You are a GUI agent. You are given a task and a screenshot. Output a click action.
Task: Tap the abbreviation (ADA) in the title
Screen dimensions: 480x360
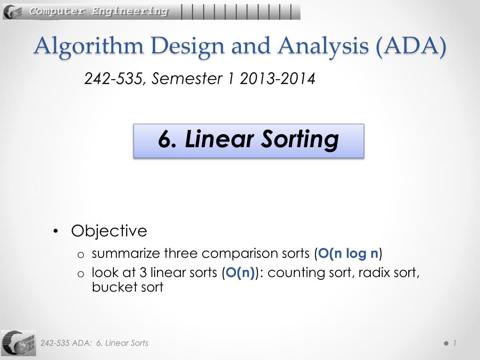(411, 46)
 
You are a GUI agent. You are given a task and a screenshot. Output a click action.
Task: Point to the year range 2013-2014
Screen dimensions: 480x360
(277, 79)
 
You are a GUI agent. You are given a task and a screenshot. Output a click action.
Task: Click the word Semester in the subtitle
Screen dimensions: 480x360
(187, 78)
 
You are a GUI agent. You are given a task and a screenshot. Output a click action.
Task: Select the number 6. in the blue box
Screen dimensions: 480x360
(167, 140)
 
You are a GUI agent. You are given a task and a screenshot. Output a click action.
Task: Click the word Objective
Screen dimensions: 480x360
(109, 231)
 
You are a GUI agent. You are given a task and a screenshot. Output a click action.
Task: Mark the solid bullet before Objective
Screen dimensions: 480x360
(55, 231)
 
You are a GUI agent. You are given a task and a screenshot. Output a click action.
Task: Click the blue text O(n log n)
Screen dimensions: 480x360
(348, 254)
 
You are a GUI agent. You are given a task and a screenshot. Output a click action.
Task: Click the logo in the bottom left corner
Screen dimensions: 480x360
(18, 343)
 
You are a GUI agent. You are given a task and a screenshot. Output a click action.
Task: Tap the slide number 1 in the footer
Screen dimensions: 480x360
(455, 343)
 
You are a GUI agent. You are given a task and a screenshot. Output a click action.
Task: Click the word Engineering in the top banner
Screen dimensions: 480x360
(130, 11)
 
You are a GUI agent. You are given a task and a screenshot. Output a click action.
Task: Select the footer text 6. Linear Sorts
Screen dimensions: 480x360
(122, 343)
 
